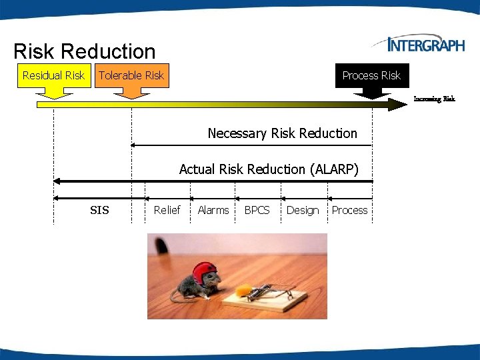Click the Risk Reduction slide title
coord(84,51)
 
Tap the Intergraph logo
coord(419,45)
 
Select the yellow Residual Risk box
coord(53,75)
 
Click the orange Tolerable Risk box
coord(131,75)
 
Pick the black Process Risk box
coord(371,75)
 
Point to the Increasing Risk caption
coord(434,99)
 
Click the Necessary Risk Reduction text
coord(282,133)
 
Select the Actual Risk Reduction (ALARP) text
coord(269,169)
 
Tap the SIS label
coord(99,211)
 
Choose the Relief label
coord(167,210)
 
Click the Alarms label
coord(213,210)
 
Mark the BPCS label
coord(257,210)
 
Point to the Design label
coord(303,210)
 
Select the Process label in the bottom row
coord(349,210)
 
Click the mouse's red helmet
coord(205,272)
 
